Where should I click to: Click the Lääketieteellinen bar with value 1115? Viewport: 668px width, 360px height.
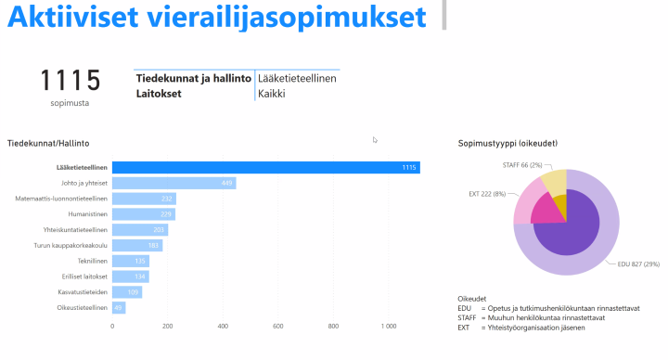tap(265, 167)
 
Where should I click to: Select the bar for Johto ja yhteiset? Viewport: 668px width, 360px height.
tap(173, 183)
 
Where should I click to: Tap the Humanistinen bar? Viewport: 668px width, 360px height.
tap(144, 214)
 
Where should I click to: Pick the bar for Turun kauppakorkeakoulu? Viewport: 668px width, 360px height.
tap(137, 245)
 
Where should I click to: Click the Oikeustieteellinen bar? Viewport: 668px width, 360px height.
tap(119, 307)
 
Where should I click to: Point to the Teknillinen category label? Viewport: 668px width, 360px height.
tap(89, 261)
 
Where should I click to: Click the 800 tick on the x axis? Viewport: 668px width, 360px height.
tap(334, 327)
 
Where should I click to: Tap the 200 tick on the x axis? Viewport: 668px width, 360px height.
tap(168, 327)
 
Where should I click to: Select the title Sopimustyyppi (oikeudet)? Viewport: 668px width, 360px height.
tap(507, 143)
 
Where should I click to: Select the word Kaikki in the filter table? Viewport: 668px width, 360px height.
tap(271, 93)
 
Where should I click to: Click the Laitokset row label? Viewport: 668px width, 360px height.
tap(158, 93)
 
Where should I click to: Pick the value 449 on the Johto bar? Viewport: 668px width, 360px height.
tap(227, 183)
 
